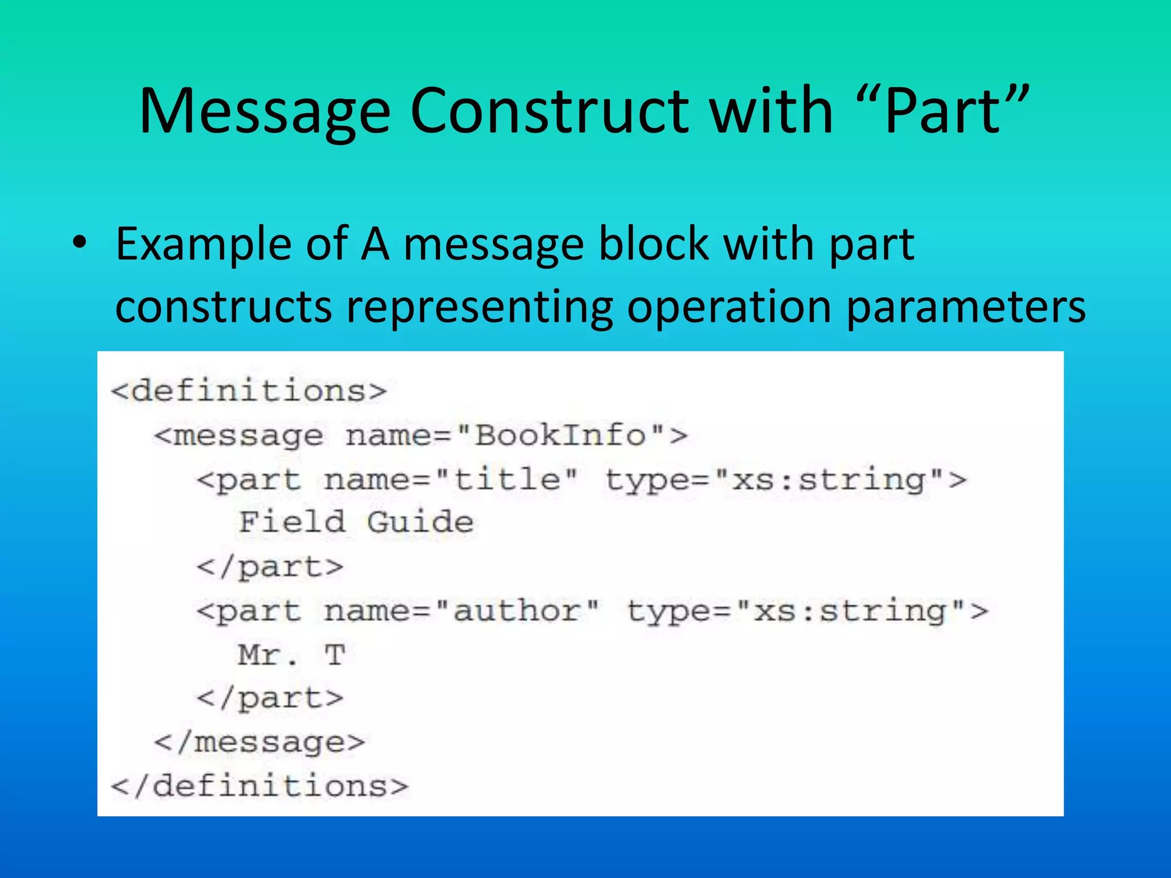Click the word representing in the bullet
click(x=480, y=307)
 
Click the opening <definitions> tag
click(x=249, y=391)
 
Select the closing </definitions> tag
click(x=260, y=785)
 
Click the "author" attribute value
click(x=518, y=611)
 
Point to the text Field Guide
click(x=356, y=522)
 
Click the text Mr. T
click(x=292, y=654)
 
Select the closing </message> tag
click(x=260, y=742)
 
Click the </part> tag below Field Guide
click(x=270, y=567)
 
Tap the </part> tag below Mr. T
click(x=270, y=698)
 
